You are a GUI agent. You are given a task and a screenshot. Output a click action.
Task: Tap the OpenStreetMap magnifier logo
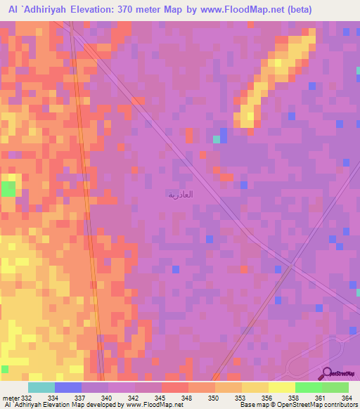coord(326,374)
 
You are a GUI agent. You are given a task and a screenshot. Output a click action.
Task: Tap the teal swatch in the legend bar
coord(41,387)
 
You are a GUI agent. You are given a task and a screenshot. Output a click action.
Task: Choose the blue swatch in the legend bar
coord(67,387)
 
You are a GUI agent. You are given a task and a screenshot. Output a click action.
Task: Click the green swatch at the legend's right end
coord(335,387)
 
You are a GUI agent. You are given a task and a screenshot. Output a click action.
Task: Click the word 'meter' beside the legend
coord(11,398)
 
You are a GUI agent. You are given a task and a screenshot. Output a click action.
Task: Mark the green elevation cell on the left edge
coord(8,188)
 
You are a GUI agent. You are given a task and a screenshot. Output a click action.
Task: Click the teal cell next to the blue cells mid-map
coord(217,139)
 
